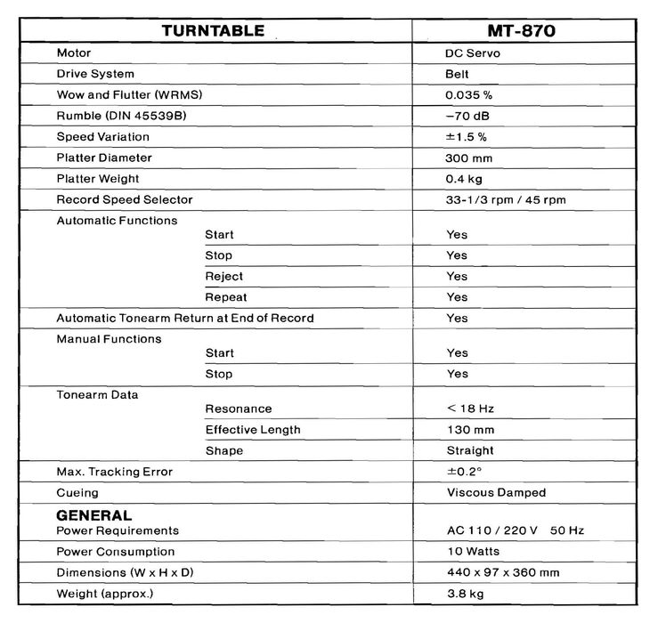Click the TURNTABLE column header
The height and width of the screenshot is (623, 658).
(x=213, y=30)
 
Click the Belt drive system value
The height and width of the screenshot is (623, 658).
(x=458, y=74)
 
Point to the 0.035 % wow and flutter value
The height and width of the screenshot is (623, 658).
(x=469, y=95)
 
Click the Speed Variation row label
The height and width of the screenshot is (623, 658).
(x=102, y=137)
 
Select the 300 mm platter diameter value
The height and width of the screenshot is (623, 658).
(x=467, y=158)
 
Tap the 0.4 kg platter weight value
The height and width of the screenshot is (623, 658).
(x=464, y=178)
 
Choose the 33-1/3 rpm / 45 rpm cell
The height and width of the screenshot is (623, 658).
(x=506, y=199)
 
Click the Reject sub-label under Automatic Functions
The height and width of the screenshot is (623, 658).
(x=223, y=276)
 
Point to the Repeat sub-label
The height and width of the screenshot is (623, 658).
(x=226, y=297)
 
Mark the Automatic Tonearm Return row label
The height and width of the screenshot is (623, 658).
(x=184, y=318)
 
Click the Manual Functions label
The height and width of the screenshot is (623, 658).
(x=109, y=339)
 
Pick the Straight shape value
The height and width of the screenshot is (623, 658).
(x=470, y=450)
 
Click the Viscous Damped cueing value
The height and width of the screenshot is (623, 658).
(x=496, y=492)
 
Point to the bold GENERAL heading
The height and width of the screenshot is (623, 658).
(x=94, y=515)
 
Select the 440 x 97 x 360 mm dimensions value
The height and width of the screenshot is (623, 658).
(x=503, y=572)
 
